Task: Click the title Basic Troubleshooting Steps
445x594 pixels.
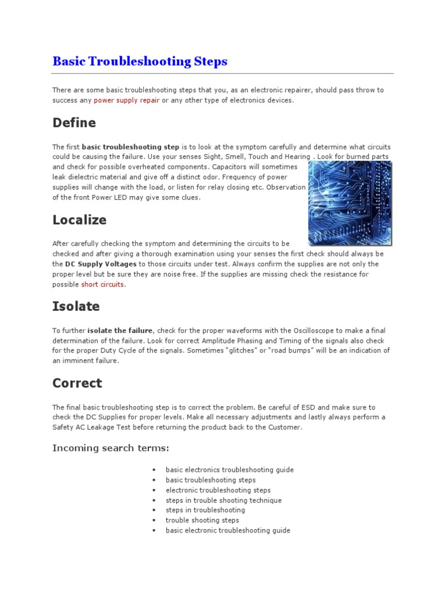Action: (140, 61)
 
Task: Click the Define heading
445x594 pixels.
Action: (74, 123)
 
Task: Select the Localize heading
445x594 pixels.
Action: (79, 220)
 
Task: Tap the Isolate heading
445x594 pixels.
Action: (76, 306)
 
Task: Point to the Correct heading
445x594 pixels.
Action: (77, 383)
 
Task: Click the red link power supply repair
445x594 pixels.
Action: (126, 100)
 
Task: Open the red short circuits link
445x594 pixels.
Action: (103, 284)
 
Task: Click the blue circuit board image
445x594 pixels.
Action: (349, 203)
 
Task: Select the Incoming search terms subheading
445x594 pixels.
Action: (111, 448)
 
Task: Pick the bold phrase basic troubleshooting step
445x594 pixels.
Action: (131, 147)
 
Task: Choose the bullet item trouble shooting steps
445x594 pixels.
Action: (202, 520)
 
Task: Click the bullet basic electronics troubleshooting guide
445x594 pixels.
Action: (229, 470)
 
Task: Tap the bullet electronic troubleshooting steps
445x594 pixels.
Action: (218, 490)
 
